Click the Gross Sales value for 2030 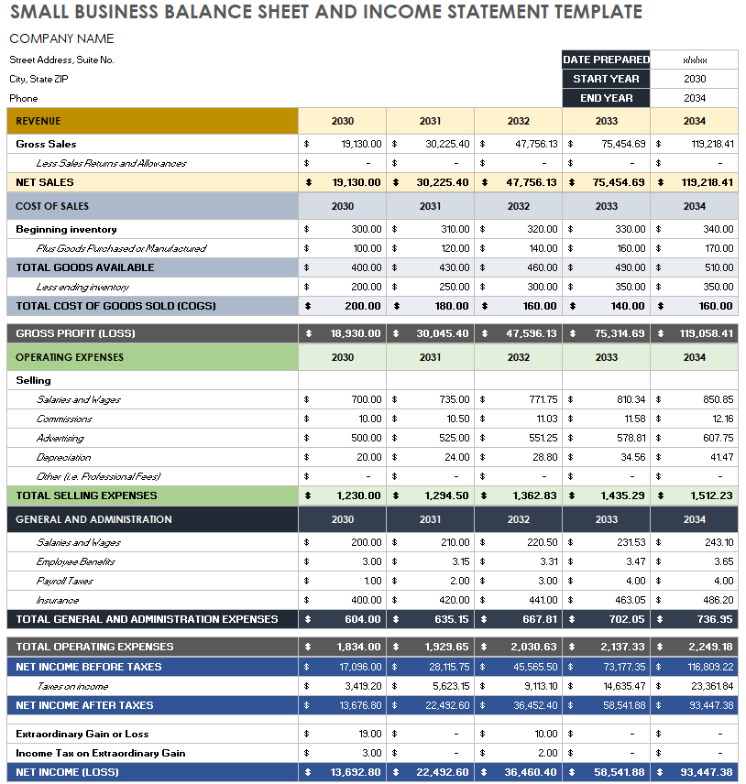[361, 144]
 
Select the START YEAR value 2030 [695, 79]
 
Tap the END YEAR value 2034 [695, 98]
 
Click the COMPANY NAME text [61, 38]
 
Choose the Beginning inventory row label [66, 229]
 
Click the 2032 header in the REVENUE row [518, 121]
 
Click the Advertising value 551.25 [543, 438]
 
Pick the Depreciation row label [63, 457]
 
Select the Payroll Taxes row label [64, 581]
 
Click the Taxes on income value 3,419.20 [363, 686]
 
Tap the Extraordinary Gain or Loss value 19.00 [369, 734]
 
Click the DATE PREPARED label [606, 60]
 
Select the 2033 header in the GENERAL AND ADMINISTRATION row [606, 519]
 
